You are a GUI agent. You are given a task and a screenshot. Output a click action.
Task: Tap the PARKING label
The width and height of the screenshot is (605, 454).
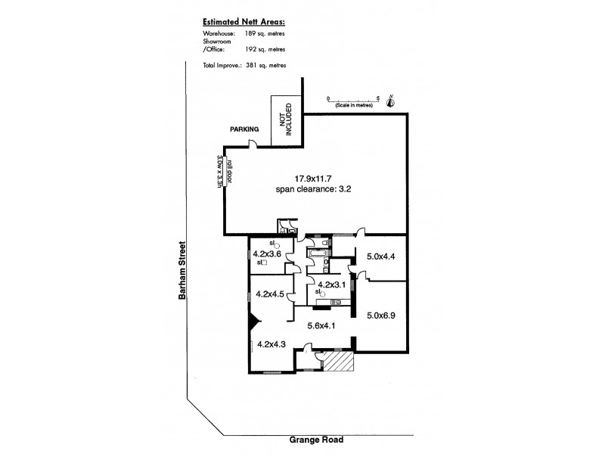(x=244, y=129)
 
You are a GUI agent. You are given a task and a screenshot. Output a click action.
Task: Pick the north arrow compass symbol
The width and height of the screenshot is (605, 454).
(x=390, y=101)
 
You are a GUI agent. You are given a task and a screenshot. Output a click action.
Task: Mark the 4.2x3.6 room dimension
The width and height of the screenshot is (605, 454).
(x=267, y=253)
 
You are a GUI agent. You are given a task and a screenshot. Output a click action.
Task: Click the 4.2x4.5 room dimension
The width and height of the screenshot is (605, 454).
(x=270, y=294)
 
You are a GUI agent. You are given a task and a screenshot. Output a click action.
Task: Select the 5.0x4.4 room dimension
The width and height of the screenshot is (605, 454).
(x=382, y=255)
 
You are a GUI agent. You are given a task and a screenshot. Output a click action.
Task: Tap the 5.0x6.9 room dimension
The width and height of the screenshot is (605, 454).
(x=382, y=316)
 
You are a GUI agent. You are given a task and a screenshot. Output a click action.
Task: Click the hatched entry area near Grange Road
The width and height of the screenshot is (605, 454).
(x=338, y=362)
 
